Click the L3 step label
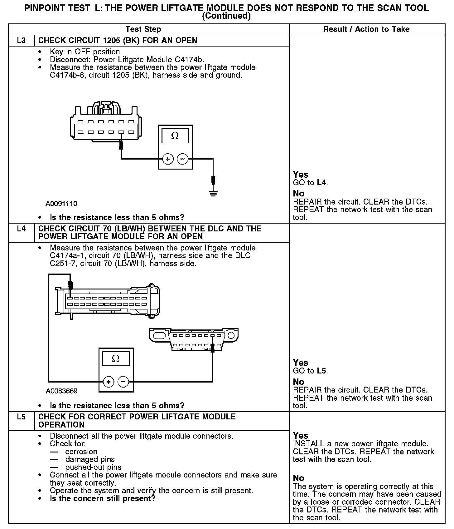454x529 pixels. click(x=21, y=41)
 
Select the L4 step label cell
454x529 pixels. click(x=21, y=229)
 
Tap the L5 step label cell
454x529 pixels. click(x=21, y=417)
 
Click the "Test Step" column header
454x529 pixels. click(x=143, y=29)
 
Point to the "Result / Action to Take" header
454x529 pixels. click(x=366, y=29)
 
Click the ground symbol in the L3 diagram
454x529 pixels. click(x=213, y=193)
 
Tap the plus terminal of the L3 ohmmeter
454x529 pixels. click(x=168, y=159)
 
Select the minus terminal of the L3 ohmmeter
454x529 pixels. click(x=183, y=159)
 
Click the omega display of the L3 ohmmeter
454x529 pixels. click(x=175, y=136)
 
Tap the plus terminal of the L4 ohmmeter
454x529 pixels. click(x=108, y=382)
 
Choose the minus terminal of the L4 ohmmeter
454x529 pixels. click(x=123, y=382)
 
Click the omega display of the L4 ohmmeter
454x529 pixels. click(x=116, y=358)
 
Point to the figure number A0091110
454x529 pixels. click(x=61, y=204)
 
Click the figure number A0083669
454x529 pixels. click(x=62, y=391)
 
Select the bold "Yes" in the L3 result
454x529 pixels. click(x=301, y=175)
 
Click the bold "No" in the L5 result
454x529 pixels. click(x=298, y=478)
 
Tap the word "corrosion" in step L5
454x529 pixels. click(x=81, y=452)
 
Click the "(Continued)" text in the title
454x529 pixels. click(x=226, y=16)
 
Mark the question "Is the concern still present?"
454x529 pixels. click(x=103, y=498)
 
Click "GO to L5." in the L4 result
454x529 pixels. click(x=310, y=371)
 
